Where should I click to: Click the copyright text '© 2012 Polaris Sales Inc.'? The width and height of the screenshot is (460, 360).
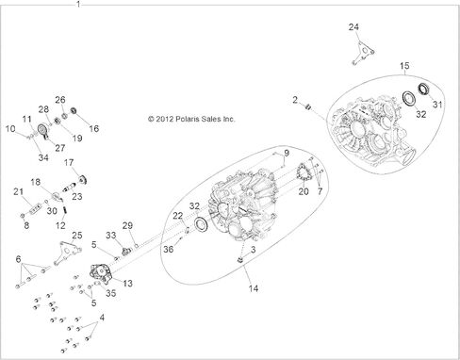[191, 119]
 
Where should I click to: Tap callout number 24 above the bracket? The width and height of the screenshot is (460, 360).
[353, 27]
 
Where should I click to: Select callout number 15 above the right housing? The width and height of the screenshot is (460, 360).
[404, 66]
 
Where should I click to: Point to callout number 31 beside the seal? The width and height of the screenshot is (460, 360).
[437, 104]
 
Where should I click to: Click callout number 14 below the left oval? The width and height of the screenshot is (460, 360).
[254, 288]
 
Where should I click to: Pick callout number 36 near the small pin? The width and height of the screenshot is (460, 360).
[169, 249]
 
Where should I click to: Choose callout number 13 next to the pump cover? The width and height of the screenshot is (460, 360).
[127, 283]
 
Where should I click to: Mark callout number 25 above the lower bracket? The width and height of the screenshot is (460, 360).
[77, 236]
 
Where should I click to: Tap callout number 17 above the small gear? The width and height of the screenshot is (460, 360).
[69, 162]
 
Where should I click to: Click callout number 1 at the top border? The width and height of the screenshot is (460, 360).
[78, 4]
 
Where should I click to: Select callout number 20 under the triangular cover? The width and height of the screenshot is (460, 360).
[304, 191]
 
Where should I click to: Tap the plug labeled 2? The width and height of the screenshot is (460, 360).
[308, 107]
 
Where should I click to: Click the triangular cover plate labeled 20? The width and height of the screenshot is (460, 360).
[304, 172]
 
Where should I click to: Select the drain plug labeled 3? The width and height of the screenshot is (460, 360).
[241, 259]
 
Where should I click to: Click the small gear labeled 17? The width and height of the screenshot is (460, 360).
[83, 180]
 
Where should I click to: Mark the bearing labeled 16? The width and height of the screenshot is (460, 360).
[74, 110]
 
